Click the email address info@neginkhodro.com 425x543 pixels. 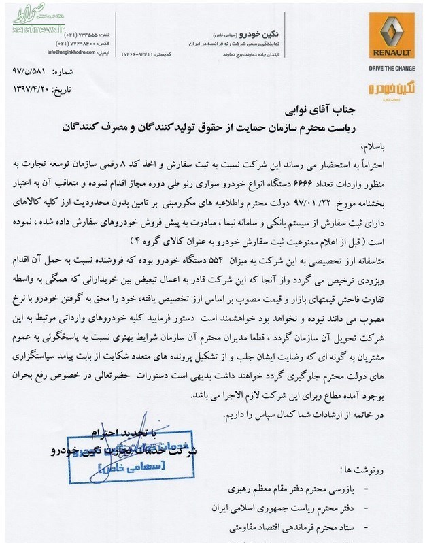tap(72, 52)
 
